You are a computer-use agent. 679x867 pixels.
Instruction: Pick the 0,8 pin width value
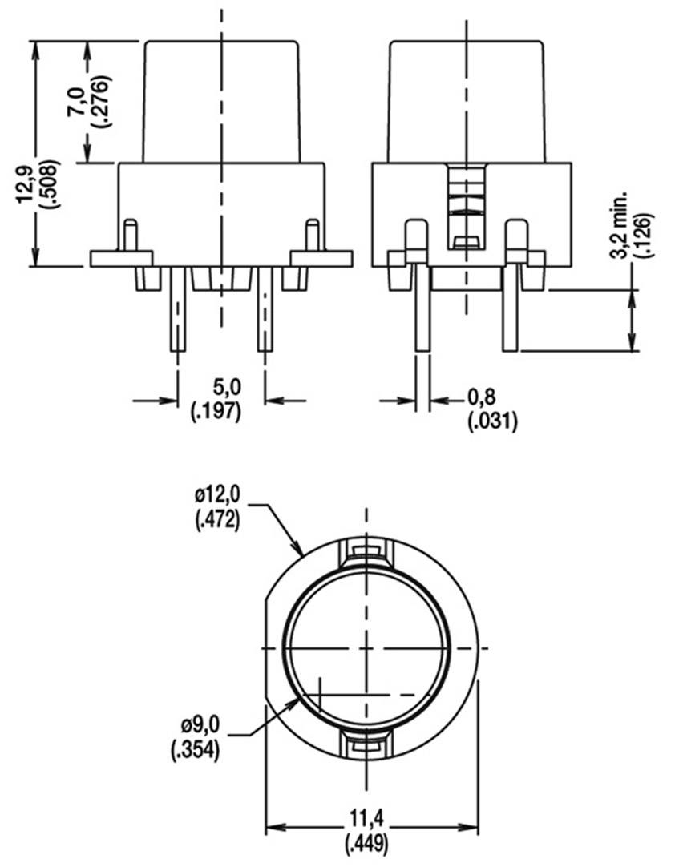click(x=481, y=397)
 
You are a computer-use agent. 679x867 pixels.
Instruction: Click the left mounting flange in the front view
click(x=121, y=258)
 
